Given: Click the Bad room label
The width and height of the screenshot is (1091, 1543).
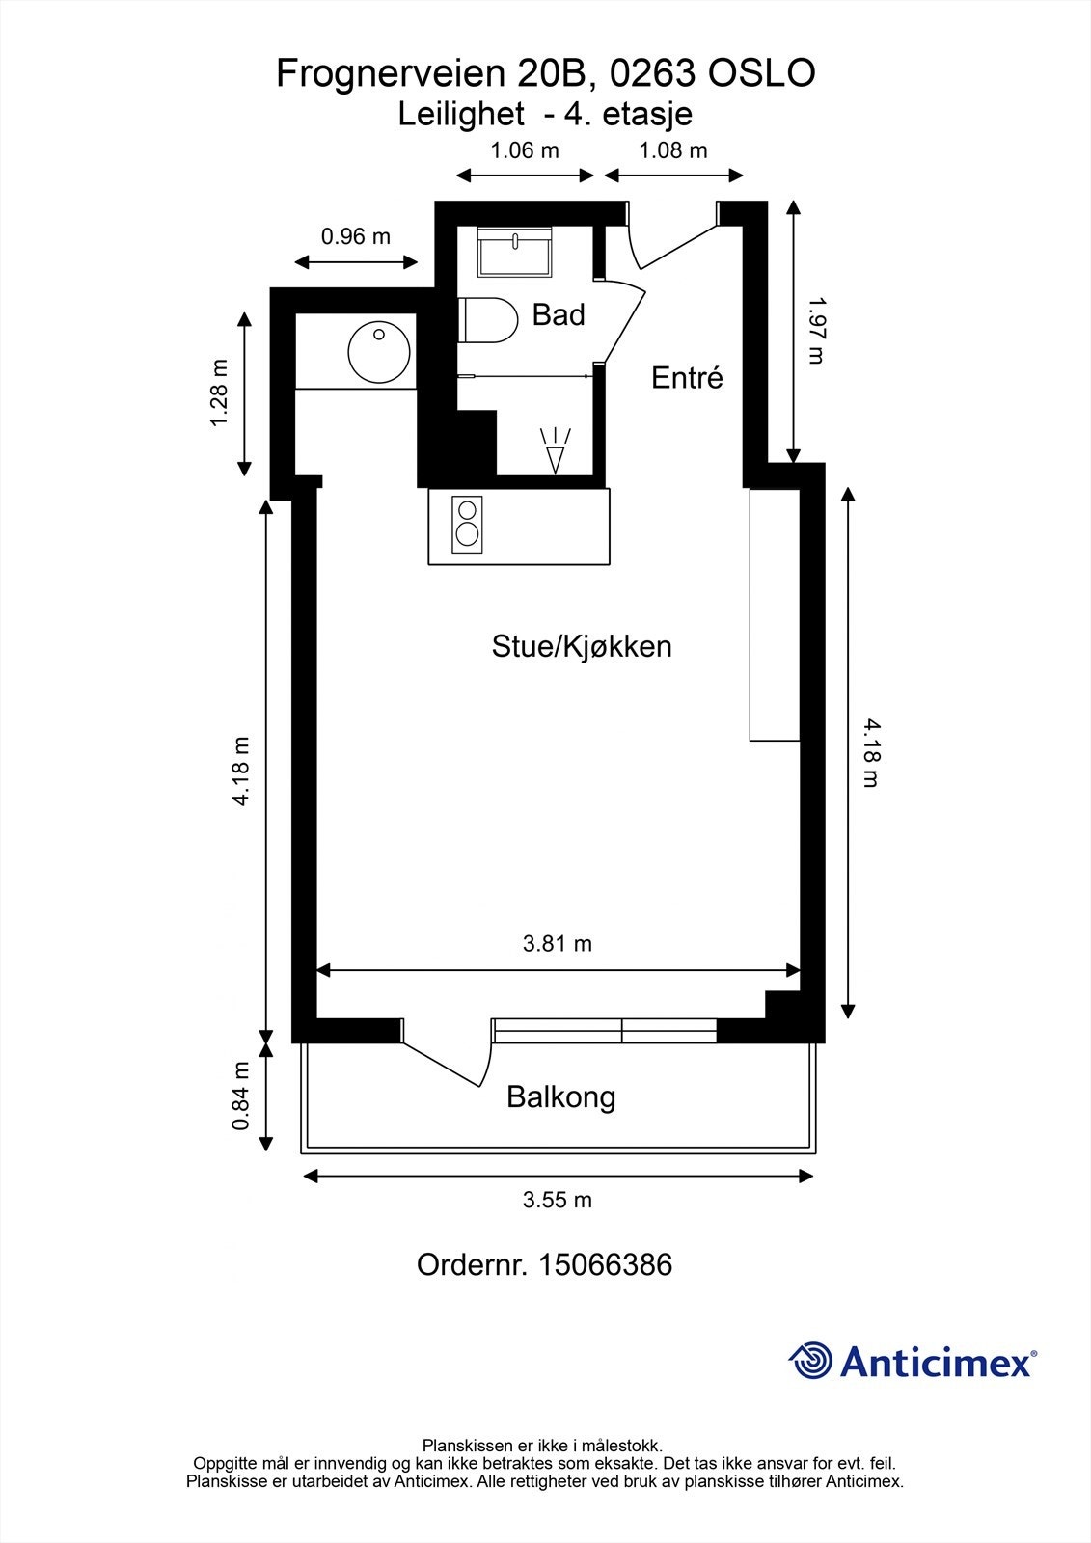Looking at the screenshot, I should click(559, 314).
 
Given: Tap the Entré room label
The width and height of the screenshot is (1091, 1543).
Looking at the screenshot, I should click(687, 377).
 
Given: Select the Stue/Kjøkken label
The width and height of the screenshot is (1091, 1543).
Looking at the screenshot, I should click(582, 646).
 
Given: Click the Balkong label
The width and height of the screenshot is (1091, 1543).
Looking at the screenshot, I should click(560, 1096).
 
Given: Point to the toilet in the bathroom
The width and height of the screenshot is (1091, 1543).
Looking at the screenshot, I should click(489, 320).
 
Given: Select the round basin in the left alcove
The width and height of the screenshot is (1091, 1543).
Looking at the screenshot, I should click(378, 352).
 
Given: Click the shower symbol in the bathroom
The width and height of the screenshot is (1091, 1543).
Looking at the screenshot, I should click(556, 450).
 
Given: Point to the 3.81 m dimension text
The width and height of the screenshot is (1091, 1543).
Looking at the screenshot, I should click(558, 944).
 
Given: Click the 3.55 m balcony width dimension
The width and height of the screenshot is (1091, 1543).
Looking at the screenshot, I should click(558, 1200).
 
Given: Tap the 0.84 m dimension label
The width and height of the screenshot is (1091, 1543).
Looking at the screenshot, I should click(241, 1096).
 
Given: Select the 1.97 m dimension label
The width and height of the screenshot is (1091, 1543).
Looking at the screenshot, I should click(816, 330).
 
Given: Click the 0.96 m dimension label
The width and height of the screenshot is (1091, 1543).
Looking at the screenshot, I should click(356, 236).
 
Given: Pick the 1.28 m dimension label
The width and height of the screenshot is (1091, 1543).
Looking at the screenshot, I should click(219, 393).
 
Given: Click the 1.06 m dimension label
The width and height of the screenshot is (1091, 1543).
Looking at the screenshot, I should click(525, 150).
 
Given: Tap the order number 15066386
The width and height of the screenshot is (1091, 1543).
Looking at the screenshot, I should click(605, 1264).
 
